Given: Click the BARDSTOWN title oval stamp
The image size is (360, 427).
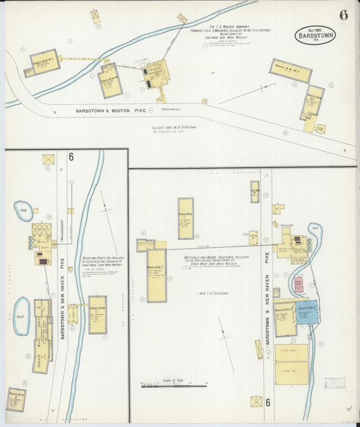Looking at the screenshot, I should [315, 34].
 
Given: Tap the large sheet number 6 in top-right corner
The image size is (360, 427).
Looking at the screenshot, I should [343, 16].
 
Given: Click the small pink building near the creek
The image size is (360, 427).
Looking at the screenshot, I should [298, 283].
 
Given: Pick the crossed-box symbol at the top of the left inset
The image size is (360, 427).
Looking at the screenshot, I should [49, 159].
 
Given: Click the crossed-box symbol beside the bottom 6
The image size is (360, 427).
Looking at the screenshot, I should [256, 401].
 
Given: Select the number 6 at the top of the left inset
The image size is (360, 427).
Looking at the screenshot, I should [70, 157].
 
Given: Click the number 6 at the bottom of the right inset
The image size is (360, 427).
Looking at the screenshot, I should [269, 403].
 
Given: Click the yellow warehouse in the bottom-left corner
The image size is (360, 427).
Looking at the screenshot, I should [16, 399].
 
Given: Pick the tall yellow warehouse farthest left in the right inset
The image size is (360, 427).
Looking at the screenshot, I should [156, 274].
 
